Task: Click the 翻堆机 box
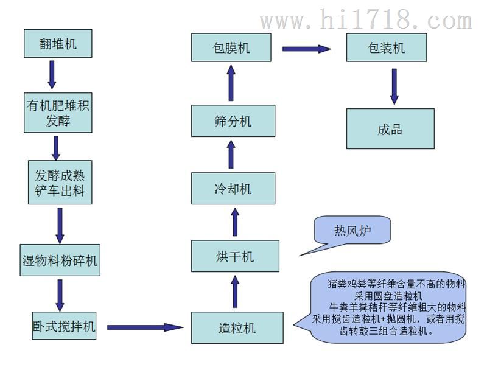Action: [x=58, y=43]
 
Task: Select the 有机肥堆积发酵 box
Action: [x=58, y=113]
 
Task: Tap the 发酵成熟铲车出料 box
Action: [x=60, y=182]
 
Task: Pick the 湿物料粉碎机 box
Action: [x=60, y=260]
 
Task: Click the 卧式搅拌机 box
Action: [x=64, y=326]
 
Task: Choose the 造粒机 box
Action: [x=237, y=328]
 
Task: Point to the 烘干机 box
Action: [x=235, y=256]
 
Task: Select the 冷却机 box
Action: [x=233, y=189]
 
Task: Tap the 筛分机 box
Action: [x=233, y=120]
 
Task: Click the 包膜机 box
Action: [x=231, y=47]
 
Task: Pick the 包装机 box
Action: [x=387, y=47]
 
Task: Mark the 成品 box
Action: [x=390, y=129]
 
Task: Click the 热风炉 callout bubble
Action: [x=352, y=230]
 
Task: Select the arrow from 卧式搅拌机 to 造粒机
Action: [x=145, y=327]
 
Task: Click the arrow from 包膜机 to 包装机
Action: [x=307, y=49]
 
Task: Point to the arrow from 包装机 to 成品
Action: [x=394, y=86]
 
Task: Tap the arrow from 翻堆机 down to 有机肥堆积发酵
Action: [x=52, y=75]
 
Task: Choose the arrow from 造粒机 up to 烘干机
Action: [x=235, y=291]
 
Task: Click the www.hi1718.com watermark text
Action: [x=366, y=19]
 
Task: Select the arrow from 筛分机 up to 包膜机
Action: [x=231, y=83]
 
